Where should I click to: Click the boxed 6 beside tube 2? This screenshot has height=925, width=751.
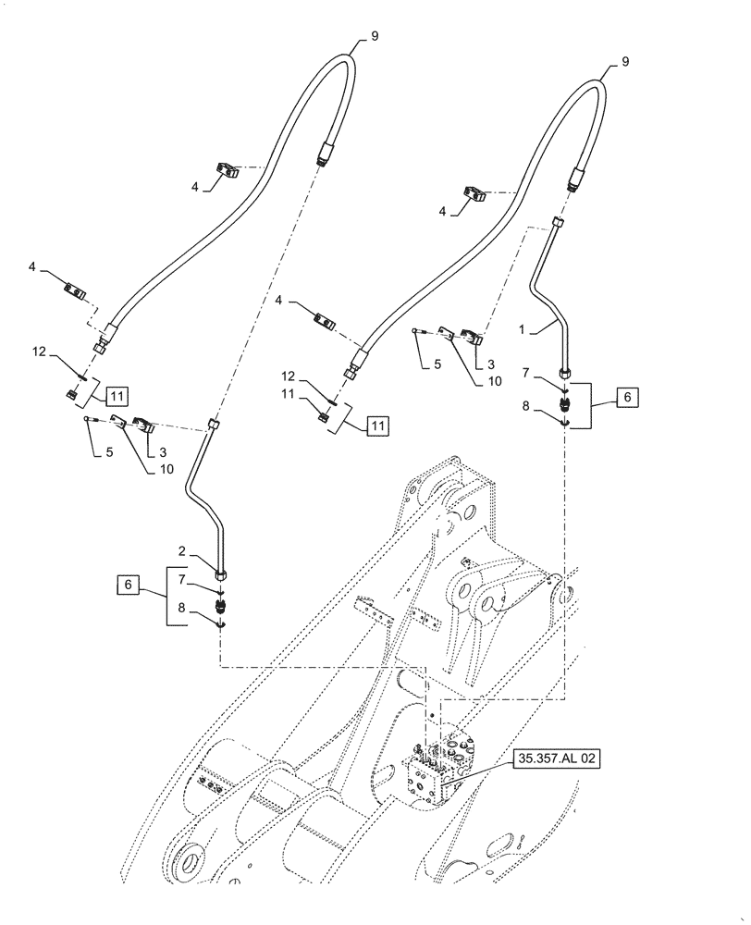[130, 585]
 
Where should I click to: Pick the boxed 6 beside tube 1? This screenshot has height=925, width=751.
[626, 397]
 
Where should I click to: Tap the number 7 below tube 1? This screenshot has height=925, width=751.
[527, 373]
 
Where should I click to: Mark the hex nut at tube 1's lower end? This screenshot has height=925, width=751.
[565, 373]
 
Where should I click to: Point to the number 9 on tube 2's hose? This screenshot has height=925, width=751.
[374, 36]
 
